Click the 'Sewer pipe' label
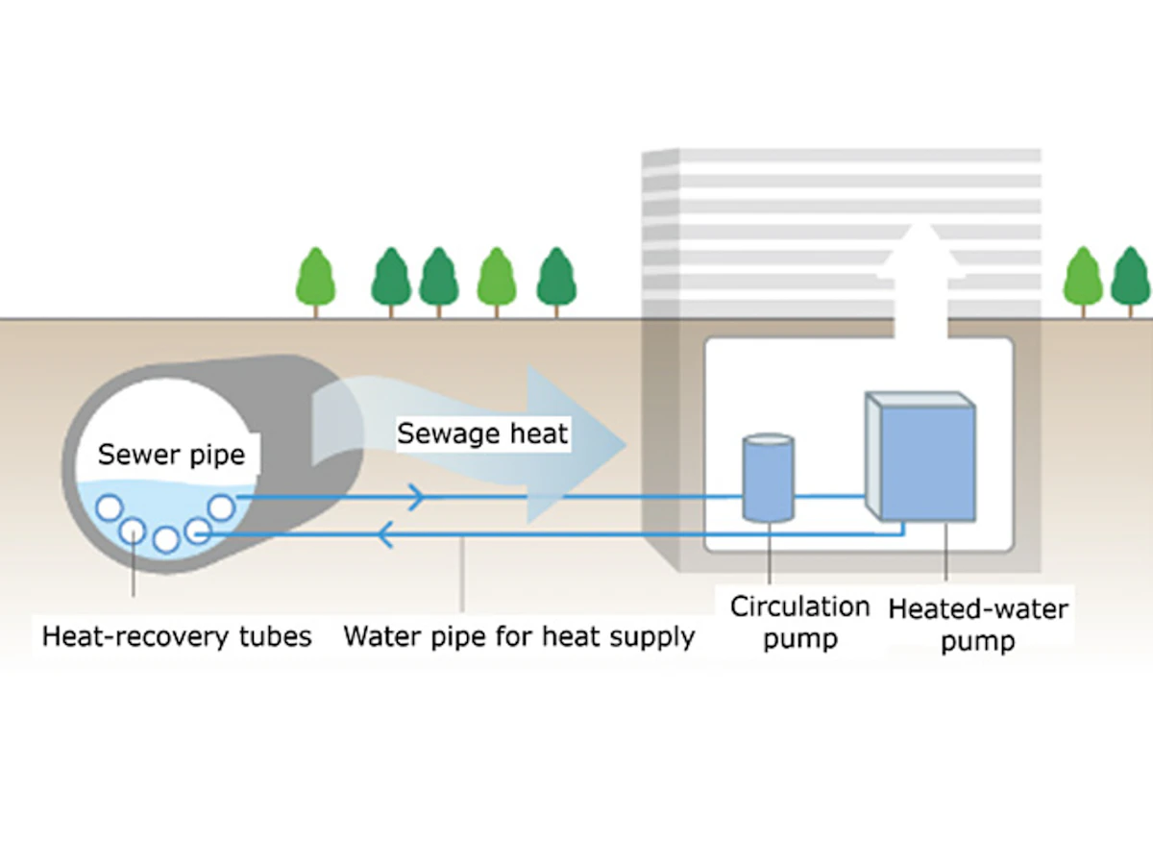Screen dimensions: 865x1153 coord(171,454)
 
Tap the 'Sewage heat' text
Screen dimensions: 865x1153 coord(482,433)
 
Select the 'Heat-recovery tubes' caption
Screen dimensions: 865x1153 coord(178,636)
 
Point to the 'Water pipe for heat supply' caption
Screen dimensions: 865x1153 coord(519,636)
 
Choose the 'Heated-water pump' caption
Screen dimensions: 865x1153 coord(977,625)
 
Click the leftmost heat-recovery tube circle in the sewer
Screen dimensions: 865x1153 coord(109,507)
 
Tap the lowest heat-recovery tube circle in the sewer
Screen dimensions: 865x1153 coord(166,540)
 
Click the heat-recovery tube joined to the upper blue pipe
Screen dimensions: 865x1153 coord(222,506)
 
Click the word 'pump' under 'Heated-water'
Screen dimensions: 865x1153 coord(976,641)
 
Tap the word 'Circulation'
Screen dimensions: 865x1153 coord(799,607)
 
